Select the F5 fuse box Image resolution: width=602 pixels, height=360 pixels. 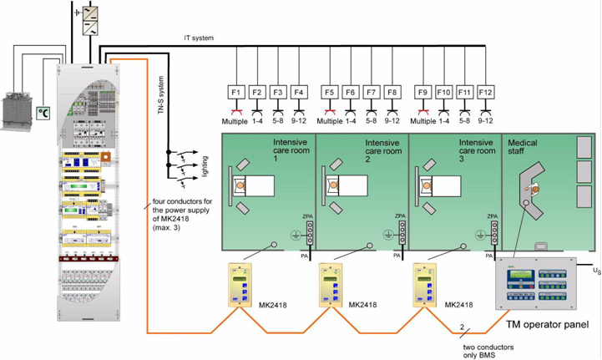pos(330,91)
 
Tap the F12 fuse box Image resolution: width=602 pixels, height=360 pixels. pos(486,91)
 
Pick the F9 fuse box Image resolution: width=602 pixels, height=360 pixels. pos(424,91)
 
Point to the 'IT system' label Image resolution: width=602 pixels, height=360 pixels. pos(200,38)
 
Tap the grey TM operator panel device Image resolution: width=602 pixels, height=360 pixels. pos(534,283)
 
